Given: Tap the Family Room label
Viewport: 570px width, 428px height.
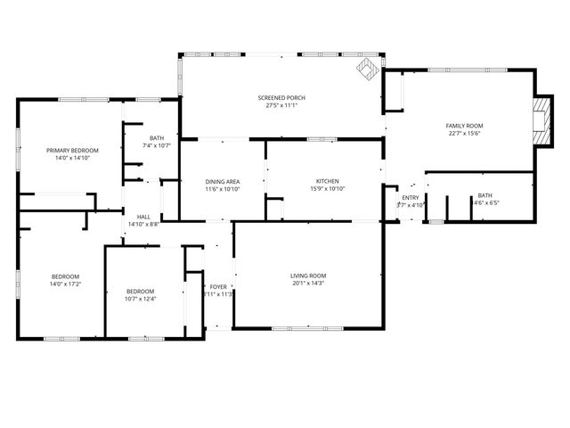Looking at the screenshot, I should (x=463, y=126).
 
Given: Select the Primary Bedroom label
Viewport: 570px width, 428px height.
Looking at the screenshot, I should (x=72, y=150).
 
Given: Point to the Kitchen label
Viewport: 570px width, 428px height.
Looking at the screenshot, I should (x=327, y=180).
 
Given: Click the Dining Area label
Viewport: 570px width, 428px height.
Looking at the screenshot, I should (x=223, y=180).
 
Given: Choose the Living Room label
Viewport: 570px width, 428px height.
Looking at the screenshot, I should (x=308, y=276).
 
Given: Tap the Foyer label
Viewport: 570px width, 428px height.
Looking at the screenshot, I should (x=218, y=286).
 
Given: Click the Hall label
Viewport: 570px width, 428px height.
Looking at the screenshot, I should (x=142, y=217).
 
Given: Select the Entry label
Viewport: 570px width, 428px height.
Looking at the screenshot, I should (x=410, y=197).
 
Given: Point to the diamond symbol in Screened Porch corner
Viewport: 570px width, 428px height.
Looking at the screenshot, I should (x=366, y=68).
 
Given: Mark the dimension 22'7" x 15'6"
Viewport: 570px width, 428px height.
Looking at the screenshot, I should (x=463, y=134).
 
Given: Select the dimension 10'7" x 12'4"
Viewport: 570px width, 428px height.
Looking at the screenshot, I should (x=140, y=299).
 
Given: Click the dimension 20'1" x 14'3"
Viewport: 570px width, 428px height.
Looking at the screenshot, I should (x=308, y=284).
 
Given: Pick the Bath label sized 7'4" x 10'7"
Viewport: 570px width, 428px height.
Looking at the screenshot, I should (x=157, y=137).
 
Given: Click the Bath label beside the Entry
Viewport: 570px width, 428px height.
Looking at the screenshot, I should (x=484, y=194).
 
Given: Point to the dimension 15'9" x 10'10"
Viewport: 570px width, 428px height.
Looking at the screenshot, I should (x=327, y=188).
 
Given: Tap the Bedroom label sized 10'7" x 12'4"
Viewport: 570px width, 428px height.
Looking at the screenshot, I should (x=140, y=291).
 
